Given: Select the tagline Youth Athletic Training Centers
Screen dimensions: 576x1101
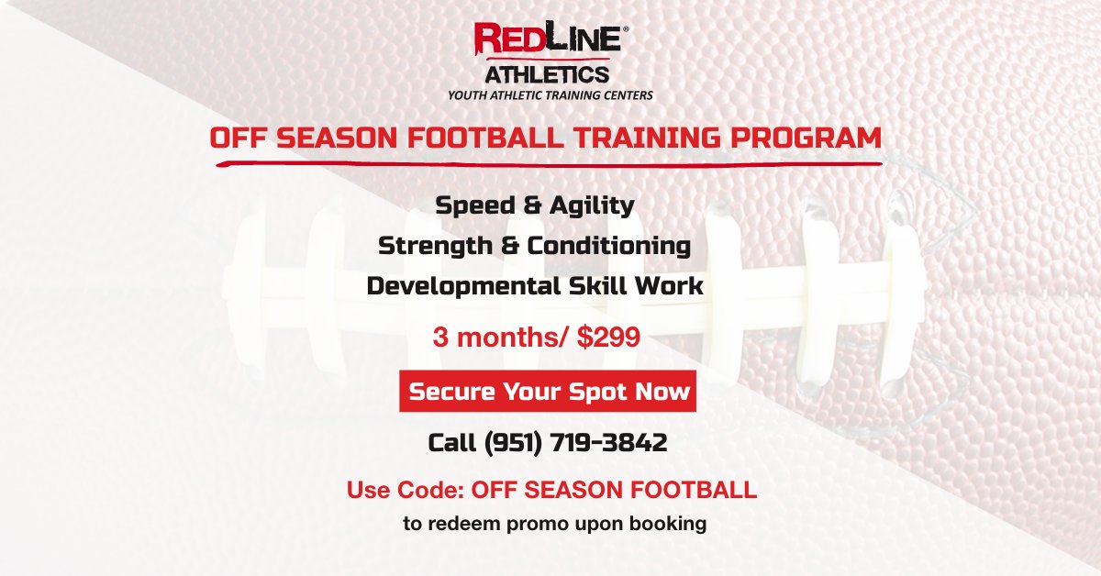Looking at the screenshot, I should pos(550,94).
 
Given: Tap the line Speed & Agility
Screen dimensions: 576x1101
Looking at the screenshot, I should pos(535,205).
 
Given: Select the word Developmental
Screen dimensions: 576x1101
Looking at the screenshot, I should pos(459,285).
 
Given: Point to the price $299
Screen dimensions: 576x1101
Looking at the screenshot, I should pos(608,338).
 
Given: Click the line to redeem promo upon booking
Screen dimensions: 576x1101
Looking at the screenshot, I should pos(555,525).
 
